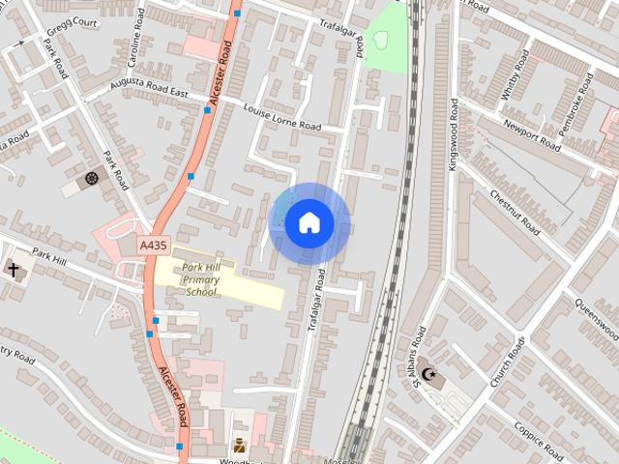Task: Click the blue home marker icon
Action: (x=309, y=223)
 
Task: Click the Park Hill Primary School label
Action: (x=201, y=278)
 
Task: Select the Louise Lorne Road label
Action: (x=282, y=119)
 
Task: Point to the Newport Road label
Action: (x=531, y=135)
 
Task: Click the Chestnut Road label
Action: (x=516, y=213)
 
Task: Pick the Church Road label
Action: (x=507, y=362)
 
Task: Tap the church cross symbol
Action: (x=15, y=271)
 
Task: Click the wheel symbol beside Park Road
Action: (x=92, y=179)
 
